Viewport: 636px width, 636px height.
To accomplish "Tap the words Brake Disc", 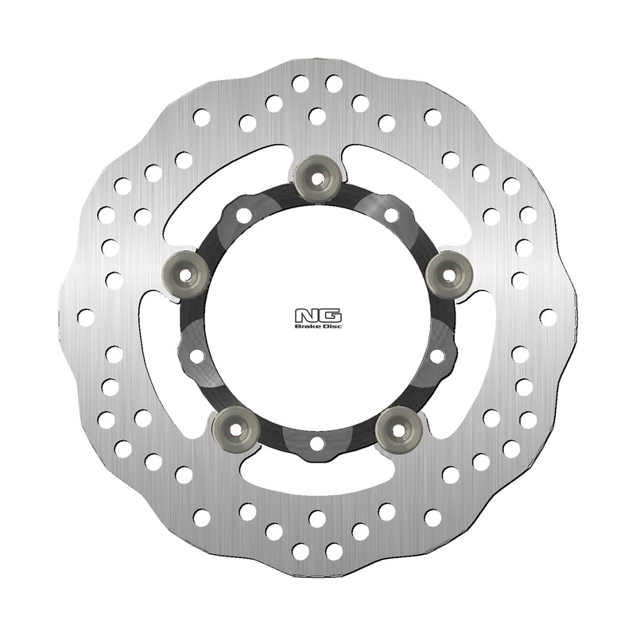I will point(316,326).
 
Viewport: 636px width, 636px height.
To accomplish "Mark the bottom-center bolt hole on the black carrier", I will point(316,443).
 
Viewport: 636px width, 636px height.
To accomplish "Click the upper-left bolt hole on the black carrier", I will point(243,215).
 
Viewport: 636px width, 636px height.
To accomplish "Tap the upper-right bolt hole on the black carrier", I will point(390,215).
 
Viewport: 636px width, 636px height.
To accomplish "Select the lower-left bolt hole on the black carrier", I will point(197,355).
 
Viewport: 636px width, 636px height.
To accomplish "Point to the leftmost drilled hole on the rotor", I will point(85,316).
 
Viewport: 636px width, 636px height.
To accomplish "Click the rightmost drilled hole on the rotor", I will point(548,316).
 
